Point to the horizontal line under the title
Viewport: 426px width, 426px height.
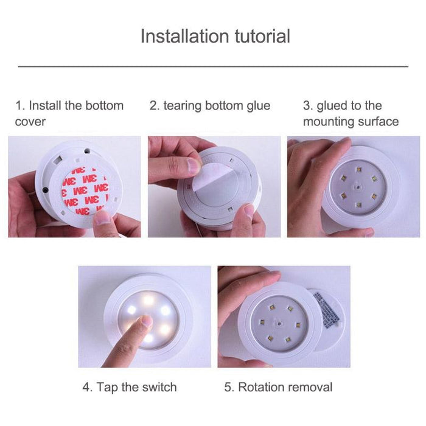[213, 66]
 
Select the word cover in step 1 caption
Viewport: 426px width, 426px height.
[30, 122]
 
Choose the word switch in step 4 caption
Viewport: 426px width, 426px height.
[158, 387]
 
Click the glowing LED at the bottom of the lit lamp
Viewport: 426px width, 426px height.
[148, 338]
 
